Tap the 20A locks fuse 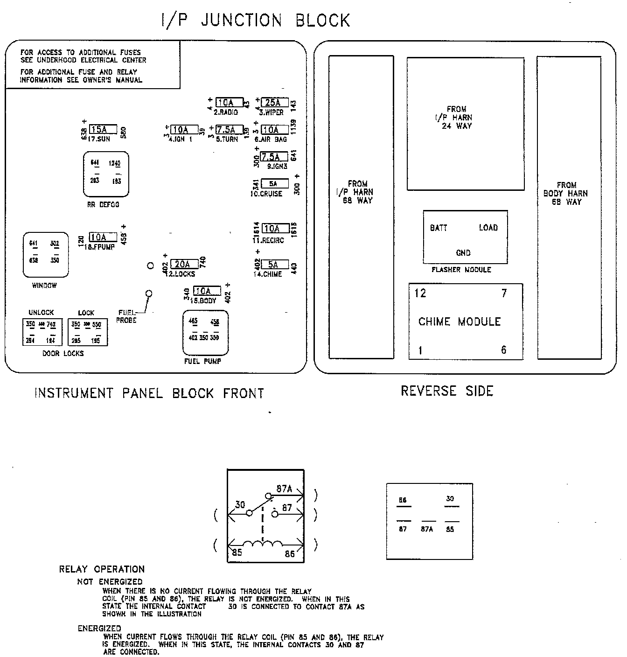tap(184, 265)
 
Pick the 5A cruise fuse tap(274, 184)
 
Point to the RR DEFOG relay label tap(103, 204)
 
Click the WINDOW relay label tap(44, 286)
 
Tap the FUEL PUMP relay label tap(202, 361)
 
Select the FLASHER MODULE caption tap(461, 270)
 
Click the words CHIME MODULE tap(460, 322)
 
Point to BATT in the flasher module tap(439, 228)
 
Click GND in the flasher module tap(463, 253)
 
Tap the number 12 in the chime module tap(420, 293)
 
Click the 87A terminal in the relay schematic tap(284, 489)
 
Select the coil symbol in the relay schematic tap(263, 544)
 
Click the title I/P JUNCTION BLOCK tap(255, 21)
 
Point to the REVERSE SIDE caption tap(447, 391)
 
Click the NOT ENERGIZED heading tap(110, 581)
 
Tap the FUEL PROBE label tap(126, 316)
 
